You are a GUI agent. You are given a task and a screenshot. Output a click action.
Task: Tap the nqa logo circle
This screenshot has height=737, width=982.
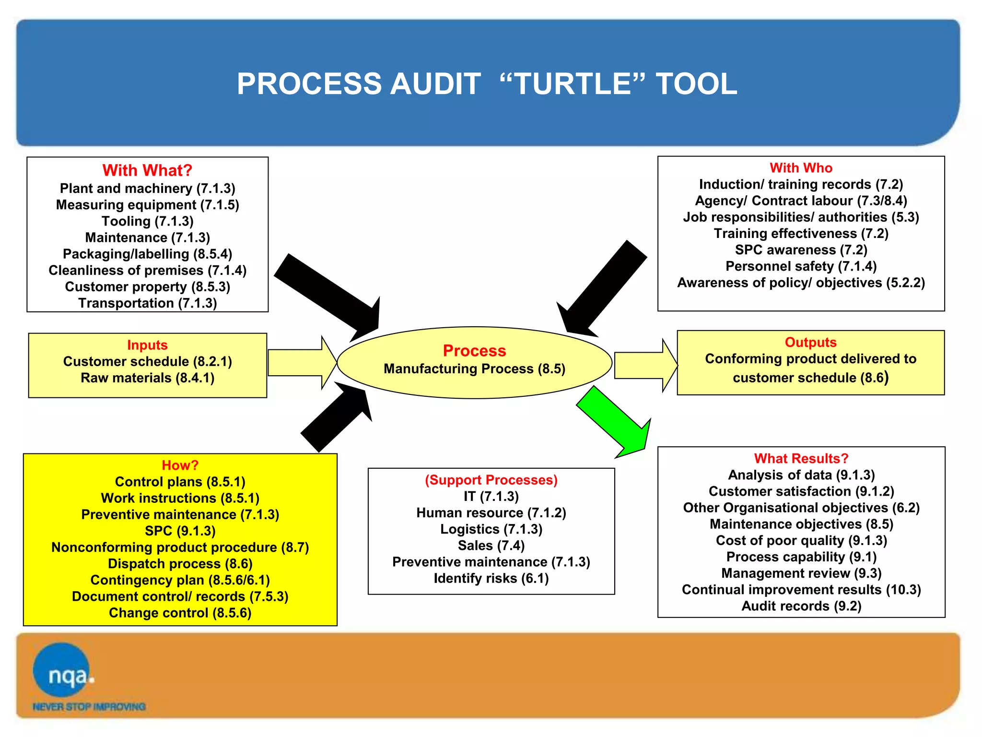(62, 670)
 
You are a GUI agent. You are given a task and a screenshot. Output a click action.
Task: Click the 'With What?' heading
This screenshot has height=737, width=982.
(147, 170)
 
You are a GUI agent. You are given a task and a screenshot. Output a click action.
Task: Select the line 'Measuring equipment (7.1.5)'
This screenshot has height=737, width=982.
(147, 205)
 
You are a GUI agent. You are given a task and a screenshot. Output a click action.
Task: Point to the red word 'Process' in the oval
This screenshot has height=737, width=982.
(474, 351)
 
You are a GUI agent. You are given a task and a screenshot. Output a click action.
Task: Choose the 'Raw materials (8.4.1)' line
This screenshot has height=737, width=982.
(147, 378)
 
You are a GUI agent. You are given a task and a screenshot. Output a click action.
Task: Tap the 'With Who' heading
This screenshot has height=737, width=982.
(801, 168)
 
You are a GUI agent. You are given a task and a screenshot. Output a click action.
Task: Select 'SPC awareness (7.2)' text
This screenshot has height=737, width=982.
(801, 250)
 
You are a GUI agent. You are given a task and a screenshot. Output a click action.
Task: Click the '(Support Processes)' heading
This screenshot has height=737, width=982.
(491, 480)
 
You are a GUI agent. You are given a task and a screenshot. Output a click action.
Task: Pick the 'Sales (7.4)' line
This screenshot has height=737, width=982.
(491, 546)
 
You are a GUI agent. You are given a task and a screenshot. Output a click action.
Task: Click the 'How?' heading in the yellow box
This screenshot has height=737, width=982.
(180, 465)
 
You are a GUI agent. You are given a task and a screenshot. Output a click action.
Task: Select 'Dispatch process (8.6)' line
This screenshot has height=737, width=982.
(180, 564)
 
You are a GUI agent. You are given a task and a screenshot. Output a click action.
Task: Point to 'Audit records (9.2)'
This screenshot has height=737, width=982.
(801, 606)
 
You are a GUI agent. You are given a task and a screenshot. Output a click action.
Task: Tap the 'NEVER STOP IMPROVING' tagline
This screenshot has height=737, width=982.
(89, 707)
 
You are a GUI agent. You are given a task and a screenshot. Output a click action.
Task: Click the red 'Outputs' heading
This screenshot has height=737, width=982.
(810, 343)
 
